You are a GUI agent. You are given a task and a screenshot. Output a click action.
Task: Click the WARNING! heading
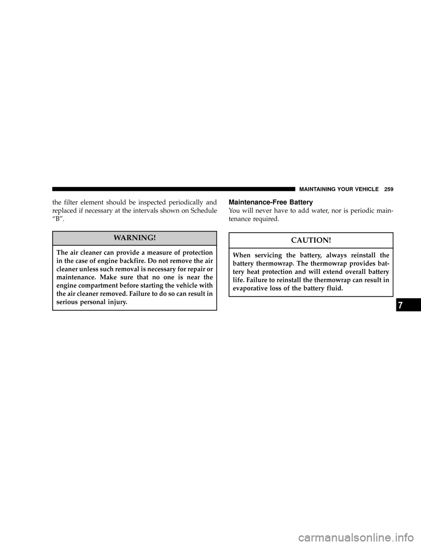click(x=135, y=237)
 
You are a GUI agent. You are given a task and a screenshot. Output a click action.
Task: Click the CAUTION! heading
click(x=311, y=240)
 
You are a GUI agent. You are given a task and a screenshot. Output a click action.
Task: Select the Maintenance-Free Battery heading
click(x=271, y=202)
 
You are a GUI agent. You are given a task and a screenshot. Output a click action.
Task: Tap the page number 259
click(x=388, y=190)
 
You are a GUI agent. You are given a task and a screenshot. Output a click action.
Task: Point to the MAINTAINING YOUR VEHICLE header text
click(x=339, y=190)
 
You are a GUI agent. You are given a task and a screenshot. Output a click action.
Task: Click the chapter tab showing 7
click(x=408, y=305)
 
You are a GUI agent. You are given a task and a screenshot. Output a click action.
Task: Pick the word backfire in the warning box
click(x=128, y=261)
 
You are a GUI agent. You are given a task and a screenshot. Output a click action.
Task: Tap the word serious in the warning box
click(x=66, y=302)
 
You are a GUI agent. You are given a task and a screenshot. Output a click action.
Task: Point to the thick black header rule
click(x=174, y=189)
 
